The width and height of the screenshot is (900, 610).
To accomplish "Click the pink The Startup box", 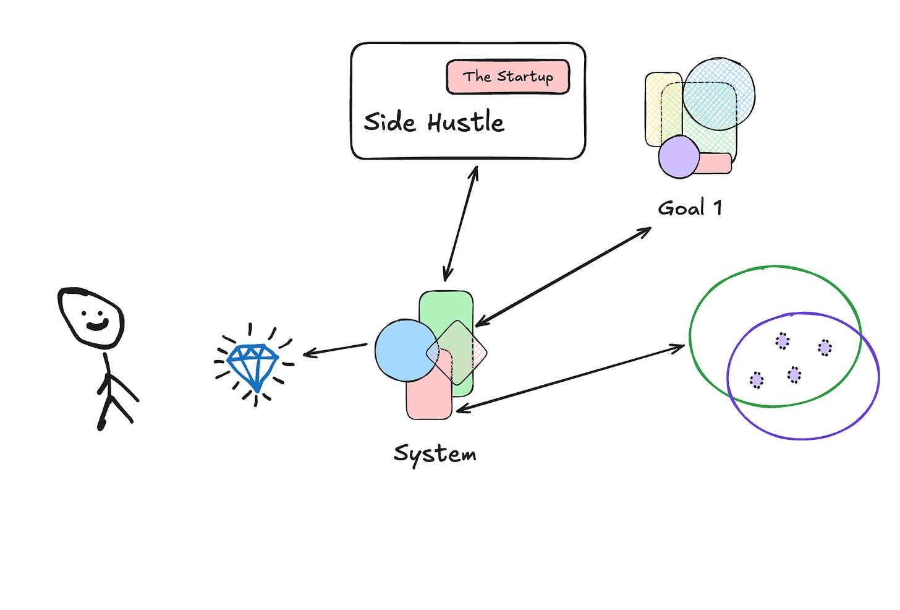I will (x=507, y=77).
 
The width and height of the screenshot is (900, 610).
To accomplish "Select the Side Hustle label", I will (x=433, y=122).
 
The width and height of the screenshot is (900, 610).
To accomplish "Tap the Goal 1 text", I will (x=689, y=208).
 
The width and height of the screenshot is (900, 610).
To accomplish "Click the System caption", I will (x=435, y=453).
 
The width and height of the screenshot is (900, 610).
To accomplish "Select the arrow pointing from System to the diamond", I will (x=335, y=350).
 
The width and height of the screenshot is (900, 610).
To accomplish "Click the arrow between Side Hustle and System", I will (x=461, y=223).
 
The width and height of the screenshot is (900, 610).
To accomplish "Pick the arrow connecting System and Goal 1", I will (x=563, y=276).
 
